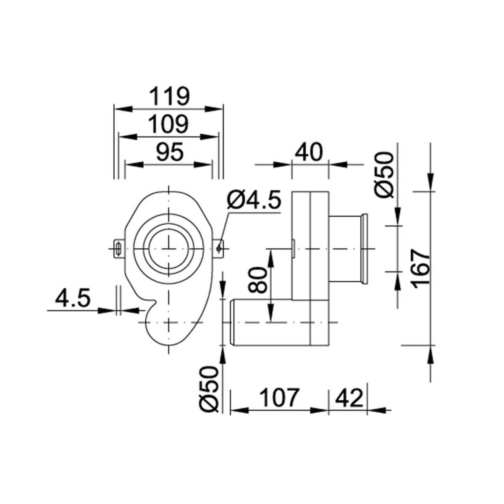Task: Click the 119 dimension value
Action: coord(170,97)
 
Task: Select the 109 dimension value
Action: coord(169,125)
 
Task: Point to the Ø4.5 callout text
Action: coord(253,201)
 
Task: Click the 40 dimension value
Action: coord(310,152)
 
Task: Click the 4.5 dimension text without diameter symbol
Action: coord(73,299)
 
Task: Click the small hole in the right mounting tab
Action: coord(219,249)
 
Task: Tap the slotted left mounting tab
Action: coord(119,249)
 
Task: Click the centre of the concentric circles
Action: coord(168,249)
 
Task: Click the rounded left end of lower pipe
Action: coord(231,323)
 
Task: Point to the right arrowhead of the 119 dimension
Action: coord(216,109)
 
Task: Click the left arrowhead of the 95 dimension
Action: coord(131,165)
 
